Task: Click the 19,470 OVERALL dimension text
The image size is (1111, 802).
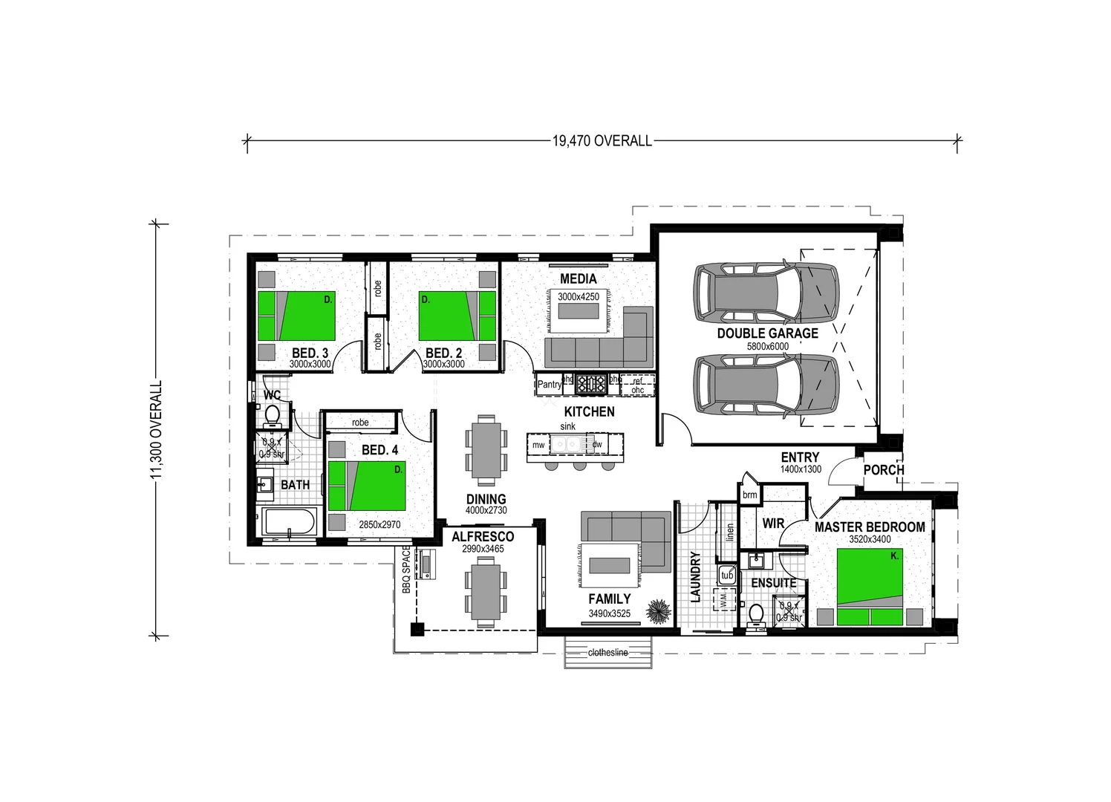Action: (x=602, y=140)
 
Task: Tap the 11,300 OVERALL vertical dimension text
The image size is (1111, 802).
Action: (x=157, y=430)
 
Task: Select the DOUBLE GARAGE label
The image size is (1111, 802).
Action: (x=767, y=333)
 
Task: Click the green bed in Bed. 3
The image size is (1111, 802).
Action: (x=296, y=316)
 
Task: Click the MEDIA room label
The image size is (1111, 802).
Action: (x=578, y=278)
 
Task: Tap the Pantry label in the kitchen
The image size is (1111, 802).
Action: (x=549, y=385)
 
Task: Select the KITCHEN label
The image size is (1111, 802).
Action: (x=589, y=411)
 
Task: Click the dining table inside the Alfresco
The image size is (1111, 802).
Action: (x=486, y=591)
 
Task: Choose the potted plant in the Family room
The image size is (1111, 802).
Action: (x=658, y=612)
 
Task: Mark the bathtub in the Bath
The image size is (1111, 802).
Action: (x=290, y=522)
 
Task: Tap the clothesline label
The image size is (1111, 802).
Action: (x=607, y=653)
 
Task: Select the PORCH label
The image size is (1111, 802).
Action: (x=883, y=470)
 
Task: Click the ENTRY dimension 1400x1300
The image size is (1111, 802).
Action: (x=800, y=469)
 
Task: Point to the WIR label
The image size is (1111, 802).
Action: (x=773, y=524)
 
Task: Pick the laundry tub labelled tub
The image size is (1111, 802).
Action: (x=727, y=576)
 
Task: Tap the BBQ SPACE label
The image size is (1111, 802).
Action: (x=406, y=570)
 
